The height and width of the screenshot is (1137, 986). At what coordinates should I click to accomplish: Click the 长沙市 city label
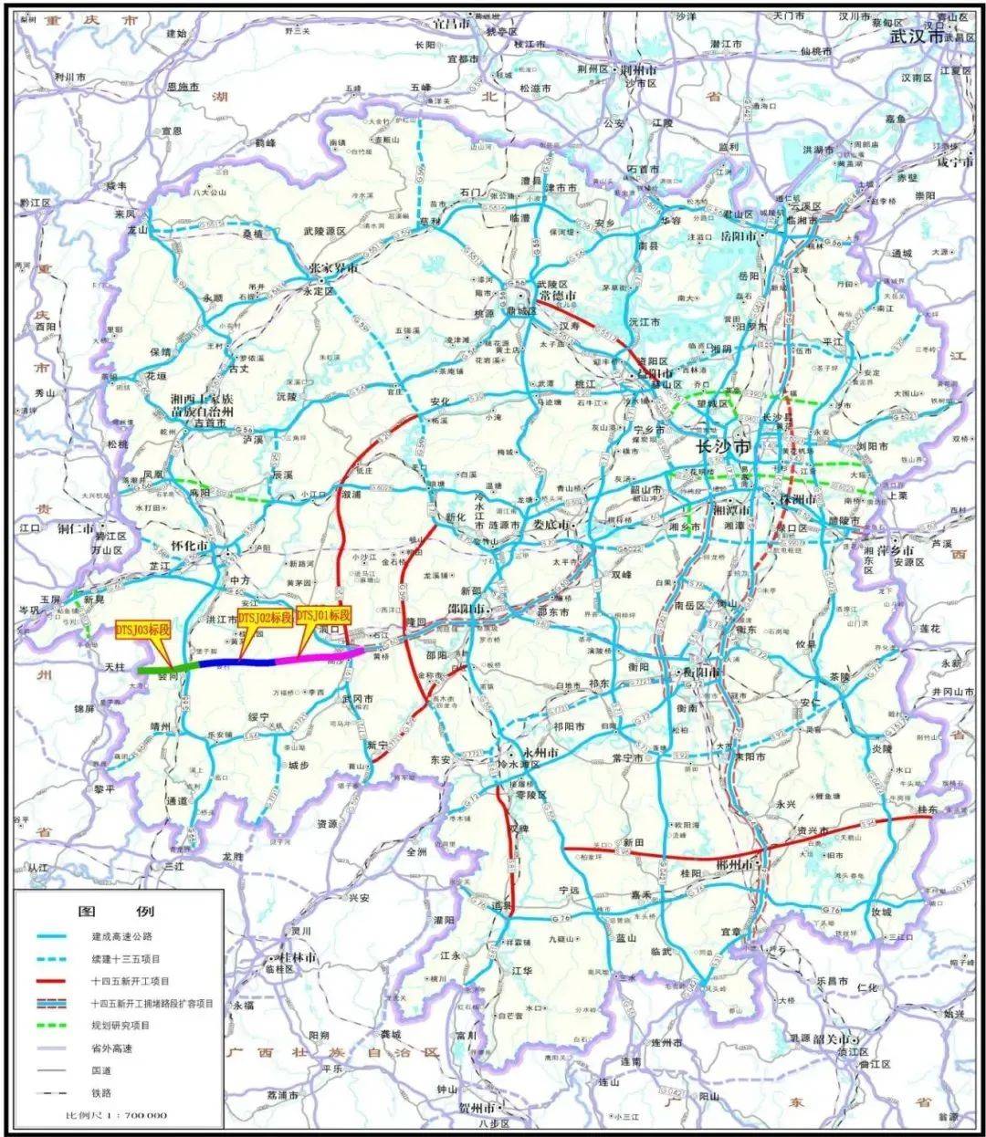click(x=723, y=447)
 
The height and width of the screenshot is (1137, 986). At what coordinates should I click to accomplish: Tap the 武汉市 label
click(x=921, y=37)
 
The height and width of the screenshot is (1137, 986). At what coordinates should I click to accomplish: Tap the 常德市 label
click(x=554, y=297)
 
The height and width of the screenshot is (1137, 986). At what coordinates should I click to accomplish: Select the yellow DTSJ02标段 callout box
click(x=264, y=618)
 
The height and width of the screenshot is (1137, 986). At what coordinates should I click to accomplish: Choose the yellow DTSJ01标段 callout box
click(x=323, y=615)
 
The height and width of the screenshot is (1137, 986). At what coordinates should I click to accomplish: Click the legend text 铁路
click(x=100, y=1092)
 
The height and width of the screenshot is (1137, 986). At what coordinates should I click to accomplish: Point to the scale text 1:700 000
click(x=116, y=1115)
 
